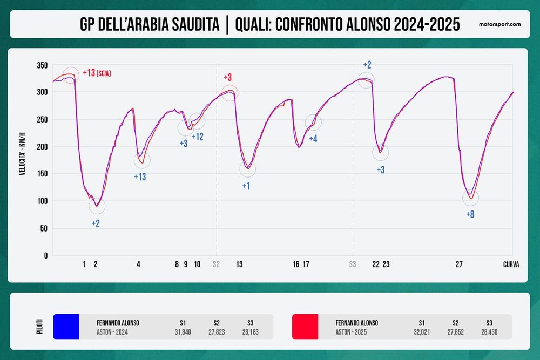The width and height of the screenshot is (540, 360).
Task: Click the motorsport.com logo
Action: (500, 25)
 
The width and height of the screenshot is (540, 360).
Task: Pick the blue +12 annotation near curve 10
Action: (197, 137)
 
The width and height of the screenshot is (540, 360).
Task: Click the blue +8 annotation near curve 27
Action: (470, 214)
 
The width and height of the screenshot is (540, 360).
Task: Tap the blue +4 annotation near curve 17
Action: (313, 139)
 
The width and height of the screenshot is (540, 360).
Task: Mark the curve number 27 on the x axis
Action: (459, 264)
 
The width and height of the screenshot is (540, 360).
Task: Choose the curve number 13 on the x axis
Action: (239, 264)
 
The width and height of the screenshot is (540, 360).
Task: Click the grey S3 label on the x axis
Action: (353, 264)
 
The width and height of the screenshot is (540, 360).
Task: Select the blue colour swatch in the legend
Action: (66, 327)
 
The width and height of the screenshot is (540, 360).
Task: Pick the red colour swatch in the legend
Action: (305, 327)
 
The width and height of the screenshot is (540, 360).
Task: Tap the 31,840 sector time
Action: (183, 332)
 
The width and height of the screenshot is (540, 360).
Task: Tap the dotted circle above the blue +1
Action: (247, 169)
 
